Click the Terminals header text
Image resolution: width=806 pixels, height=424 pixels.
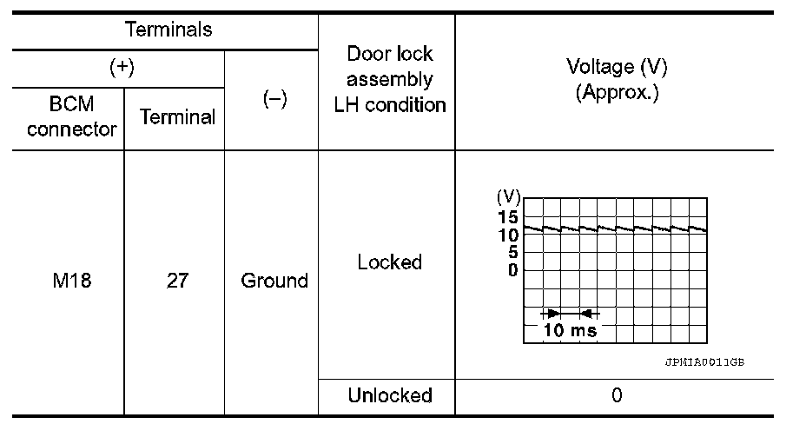pos(168,30)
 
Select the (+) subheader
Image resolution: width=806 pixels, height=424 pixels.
pos(119,69)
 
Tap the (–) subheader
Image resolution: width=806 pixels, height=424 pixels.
pos(274,100)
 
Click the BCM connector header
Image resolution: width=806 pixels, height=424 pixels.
pos(72,117)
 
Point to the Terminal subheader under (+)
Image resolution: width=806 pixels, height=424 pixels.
pos(177,118)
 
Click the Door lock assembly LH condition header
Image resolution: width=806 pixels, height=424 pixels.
pos(389,80)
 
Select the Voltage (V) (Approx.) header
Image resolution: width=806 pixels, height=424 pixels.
pos(617,80)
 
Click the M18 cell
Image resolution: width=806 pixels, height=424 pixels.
pos(72,282)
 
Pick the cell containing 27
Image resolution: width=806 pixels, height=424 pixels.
pos(177,282)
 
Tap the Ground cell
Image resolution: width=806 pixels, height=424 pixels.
pos(274,282)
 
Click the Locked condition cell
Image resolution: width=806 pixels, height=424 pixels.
pos(389,262)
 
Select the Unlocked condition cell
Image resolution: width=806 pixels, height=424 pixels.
pos(389,396)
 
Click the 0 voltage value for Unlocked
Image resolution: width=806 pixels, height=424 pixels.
pos(617,396)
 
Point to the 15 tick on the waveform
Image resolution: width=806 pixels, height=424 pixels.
pos(509,217)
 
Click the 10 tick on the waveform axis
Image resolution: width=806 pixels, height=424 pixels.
pos(509,235)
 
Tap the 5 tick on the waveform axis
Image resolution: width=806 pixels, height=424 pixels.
pos(513,252)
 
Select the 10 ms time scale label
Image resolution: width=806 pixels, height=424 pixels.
pos(570,331)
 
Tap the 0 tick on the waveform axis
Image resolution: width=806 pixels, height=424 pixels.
pos(513,269)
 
